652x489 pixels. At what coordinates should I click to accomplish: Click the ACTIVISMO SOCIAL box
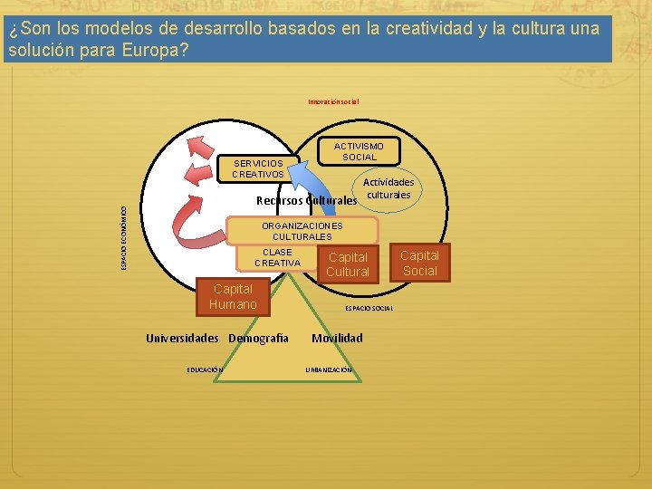[x=359, y=151]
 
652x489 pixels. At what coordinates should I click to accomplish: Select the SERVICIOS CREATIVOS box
[x=257, y=168]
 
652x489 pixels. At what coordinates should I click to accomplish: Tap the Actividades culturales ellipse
[x=389, y=188]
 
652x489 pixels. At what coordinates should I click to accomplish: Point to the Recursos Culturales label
[x=307, y=200]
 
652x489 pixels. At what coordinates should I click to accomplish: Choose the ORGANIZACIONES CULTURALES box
[x=302, y=231]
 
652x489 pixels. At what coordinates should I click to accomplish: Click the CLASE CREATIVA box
[x=277, y=257]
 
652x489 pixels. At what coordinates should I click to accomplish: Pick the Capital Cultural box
[x=348, y=264]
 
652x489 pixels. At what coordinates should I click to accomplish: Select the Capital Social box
[x=419, y=263]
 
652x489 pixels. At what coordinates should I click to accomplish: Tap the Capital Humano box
[x=233, y=296]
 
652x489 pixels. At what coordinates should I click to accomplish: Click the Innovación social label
[x=333, y=101]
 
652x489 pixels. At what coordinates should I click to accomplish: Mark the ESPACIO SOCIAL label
[x=369, y=308]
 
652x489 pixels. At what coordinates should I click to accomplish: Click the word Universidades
[x=182, y=338]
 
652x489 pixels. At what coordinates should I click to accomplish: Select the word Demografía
[x=258, y=338]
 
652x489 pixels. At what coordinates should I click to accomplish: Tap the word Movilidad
[x=337, y=338]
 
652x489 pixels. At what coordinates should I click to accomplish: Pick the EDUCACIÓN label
[x=206, y=369]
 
